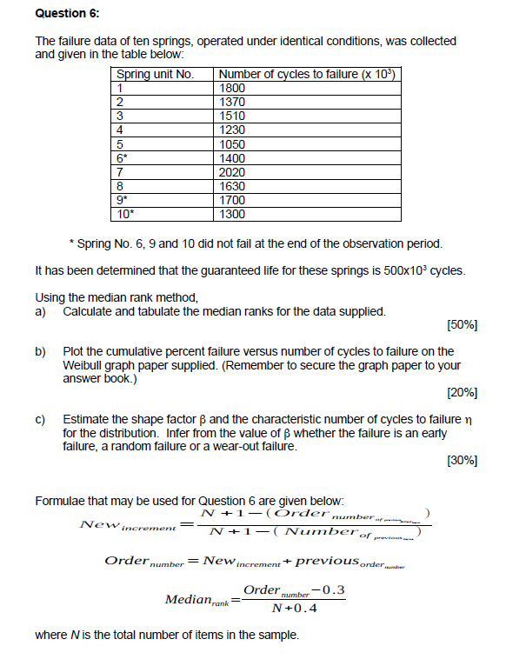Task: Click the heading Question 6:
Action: (x=67, y=14)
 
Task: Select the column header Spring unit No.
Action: (x=155, y=74)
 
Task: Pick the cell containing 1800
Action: (x=233, y=88)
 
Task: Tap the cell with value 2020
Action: (x=233, y=172)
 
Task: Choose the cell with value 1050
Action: (x=233, y=144)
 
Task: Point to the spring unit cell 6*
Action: (x=123, y=158)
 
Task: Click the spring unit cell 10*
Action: (x=125, y=214)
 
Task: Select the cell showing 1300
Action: (x=233, y=214)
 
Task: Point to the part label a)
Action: (x=41, y=311)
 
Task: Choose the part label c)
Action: (x=41, y=419)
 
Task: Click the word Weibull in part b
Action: (x=84, y=366)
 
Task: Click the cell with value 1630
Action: (x=233, y=186)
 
